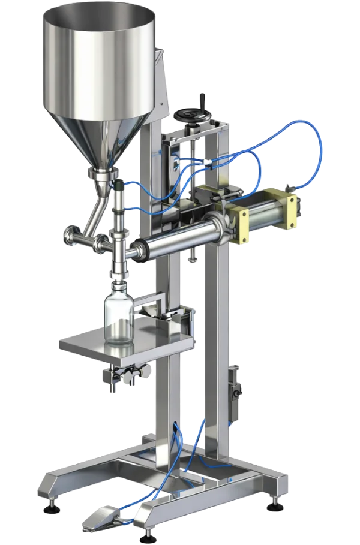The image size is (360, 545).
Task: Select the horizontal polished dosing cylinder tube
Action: point(174,242)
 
